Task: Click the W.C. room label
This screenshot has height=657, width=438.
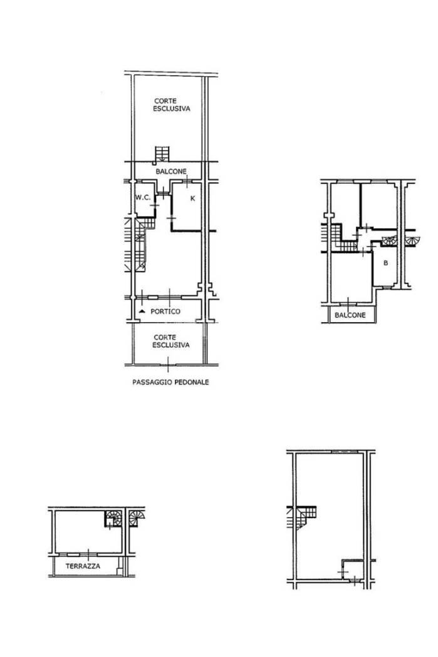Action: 143,197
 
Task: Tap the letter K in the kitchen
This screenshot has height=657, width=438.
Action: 193,198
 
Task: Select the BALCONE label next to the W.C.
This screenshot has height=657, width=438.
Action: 171,171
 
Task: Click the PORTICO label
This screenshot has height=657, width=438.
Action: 165,312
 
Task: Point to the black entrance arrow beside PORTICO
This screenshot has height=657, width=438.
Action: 142,312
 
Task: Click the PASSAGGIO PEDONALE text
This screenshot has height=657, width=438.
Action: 171,382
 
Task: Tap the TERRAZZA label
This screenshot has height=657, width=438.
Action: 83,566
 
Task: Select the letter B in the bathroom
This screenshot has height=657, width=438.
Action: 385,263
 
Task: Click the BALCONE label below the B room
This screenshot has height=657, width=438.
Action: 350,315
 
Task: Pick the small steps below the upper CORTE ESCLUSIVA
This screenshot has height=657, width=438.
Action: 162,154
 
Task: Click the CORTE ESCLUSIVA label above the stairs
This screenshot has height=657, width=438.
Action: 171,104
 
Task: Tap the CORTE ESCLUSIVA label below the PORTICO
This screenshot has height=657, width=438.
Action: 171,341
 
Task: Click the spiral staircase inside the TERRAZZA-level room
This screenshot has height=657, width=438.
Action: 113,518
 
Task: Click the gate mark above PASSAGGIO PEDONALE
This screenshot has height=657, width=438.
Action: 168,364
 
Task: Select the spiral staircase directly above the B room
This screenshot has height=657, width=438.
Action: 389,241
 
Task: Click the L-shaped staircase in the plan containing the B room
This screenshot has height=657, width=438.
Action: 343,238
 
